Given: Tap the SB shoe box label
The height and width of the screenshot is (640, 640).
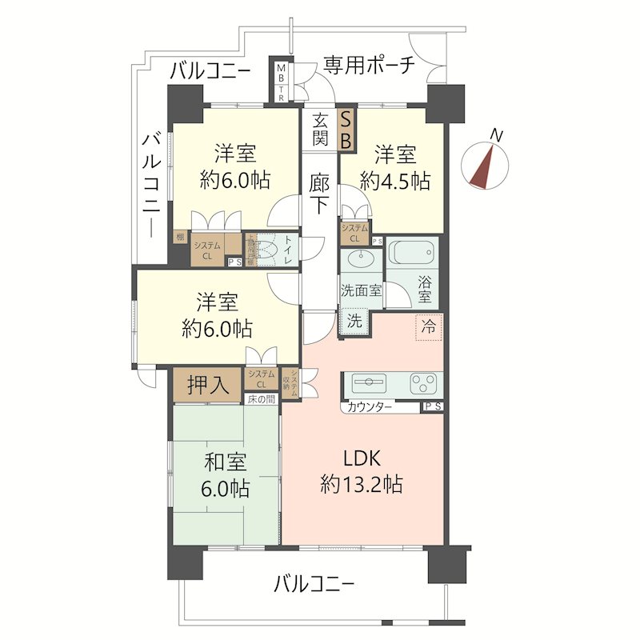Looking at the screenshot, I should (x=346, y=129).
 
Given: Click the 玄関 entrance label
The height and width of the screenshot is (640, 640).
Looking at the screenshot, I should (x=320, y=129).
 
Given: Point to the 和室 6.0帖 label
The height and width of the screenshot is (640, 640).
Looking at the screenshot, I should (x=224, y=474).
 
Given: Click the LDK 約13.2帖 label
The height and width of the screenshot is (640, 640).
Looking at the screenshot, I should (x=361, y=471).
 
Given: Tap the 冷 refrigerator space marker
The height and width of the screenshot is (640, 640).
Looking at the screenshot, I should (x=430, y=326).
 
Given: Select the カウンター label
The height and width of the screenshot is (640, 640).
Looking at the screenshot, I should (x=370, y=407).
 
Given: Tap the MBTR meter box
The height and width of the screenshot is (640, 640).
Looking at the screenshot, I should (x=282, y=82).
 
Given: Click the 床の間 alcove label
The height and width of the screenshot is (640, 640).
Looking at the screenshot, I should (x=261, y=398).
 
